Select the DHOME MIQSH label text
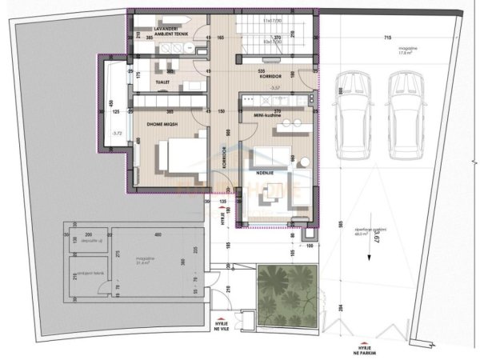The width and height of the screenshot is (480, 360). click(166, 124)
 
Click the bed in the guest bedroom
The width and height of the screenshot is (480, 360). click(178, 155)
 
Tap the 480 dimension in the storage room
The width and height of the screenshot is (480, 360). click(158, 234)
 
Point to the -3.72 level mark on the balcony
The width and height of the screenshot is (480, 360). click(118, 133)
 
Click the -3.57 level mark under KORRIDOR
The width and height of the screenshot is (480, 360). click(274, 86)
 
